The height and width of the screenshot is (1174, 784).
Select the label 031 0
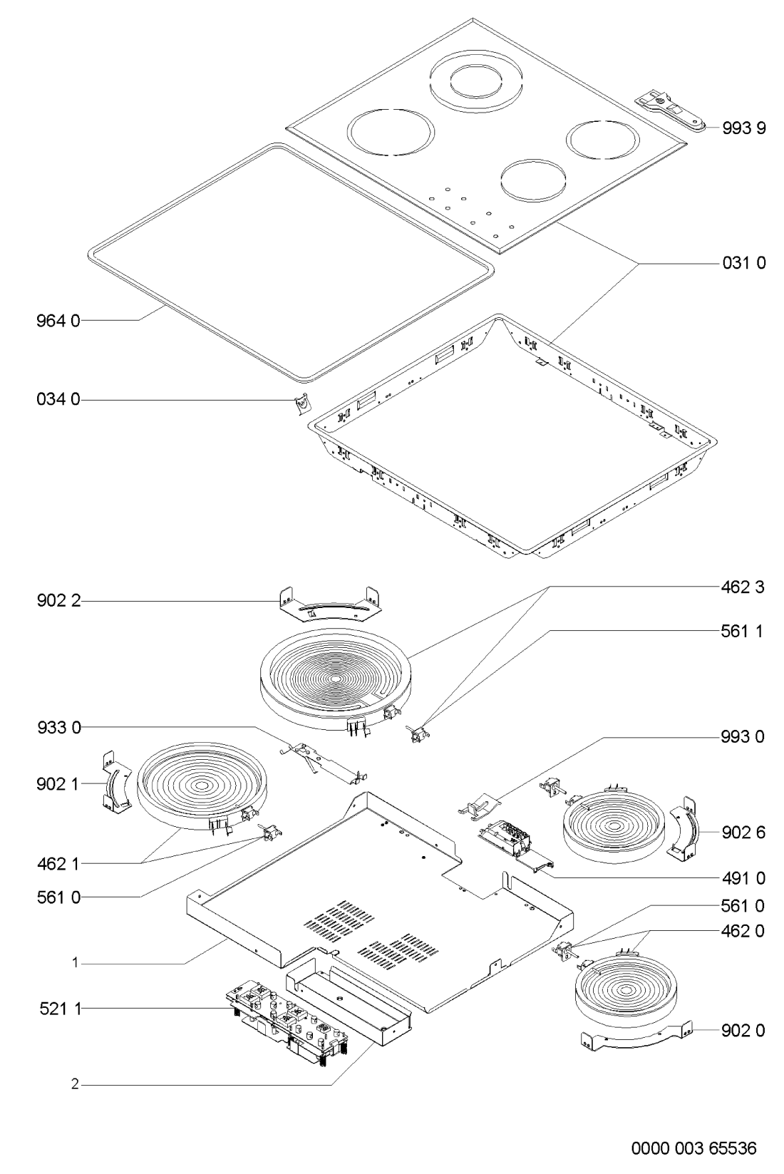(743, 263)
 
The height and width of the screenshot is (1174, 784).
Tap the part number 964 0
(60, 321)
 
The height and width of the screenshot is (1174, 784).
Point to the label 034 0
(60, 401)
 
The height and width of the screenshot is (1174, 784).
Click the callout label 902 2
(60, 602)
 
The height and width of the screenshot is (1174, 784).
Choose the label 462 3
(743, 588)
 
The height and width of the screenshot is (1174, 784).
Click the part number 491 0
(743, 877)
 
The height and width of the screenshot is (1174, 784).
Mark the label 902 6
(743, 832)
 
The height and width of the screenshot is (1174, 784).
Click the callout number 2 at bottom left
(74, 1085)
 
